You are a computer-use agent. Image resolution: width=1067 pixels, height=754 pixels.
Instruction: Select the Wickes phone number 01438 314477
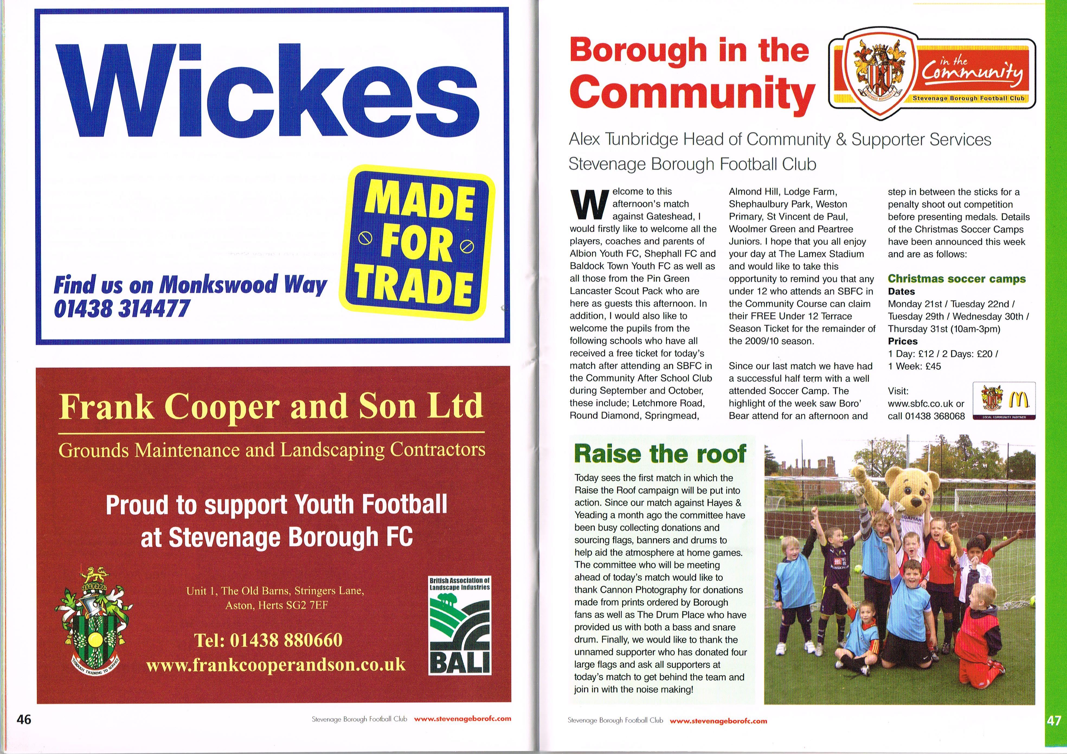pyautogui.click(x=122, y=308)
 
